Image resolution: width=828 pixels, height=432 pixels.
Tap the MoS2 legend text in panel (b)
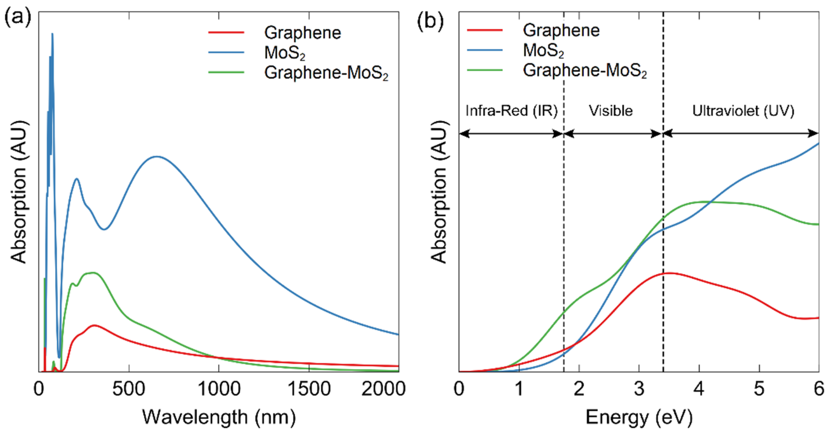543,51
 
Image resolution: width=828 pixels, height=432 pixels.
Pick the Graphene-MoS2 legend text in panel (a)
326,73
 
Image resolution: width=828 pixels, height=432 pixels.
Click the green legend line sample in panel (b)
485,70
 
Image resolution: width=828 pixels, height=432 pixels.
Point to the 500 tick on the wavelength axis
129,389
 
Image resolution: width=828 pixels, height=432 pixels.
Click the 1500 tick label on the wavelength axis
309,389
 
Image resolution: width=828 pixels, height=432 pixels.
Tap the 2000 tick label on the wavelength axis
383,389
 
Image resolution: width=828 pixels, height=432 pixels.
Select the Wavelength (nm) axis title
219,417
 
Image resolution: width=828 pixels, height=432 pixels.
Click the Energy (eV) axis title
639,417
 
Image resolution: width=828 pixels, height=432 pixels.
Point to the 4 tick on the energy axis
699,389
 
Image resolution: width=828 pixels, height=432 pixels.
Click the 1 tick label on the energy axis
519,389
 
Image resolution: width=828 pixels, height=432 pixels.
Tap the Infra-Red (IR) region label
511,111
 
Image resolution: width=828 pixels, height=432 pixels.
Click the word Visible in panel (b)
611,111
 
